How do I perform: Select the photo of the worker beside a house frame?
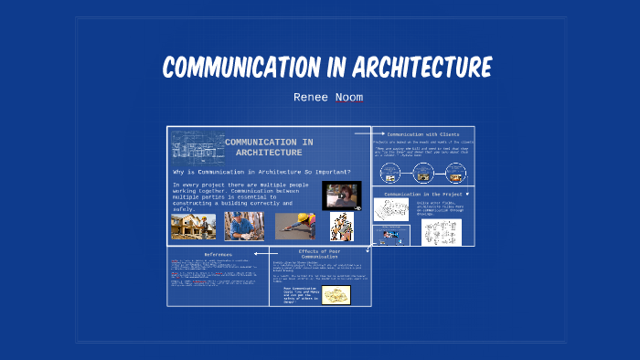pyautogui.click(x=194, y=226)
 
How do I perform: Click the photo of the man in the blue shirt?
pyautogui.click(x=244, y=226)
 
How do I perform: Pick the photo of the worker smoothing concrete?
pyautogui.click(x=295, y=226)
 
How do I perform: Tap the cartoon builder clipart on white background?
pyautogui.click(x=342, y=226)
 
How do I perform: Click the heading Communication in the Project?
pyautogui.click(x=423, y=194)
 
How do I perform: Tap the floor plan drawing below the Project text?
pyautogui.click(x=391, y=210)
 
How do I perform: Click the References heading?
pyautogui.click(x=218, y=253)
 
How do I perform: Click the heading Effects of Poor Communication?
pyautogui.click(x=320, y=255)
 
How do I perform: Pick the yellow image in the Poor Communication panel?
pyautogui.click(x=336, y=294)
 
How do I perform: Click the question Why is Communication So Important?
pyautogui.click(x=267, y=172)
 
